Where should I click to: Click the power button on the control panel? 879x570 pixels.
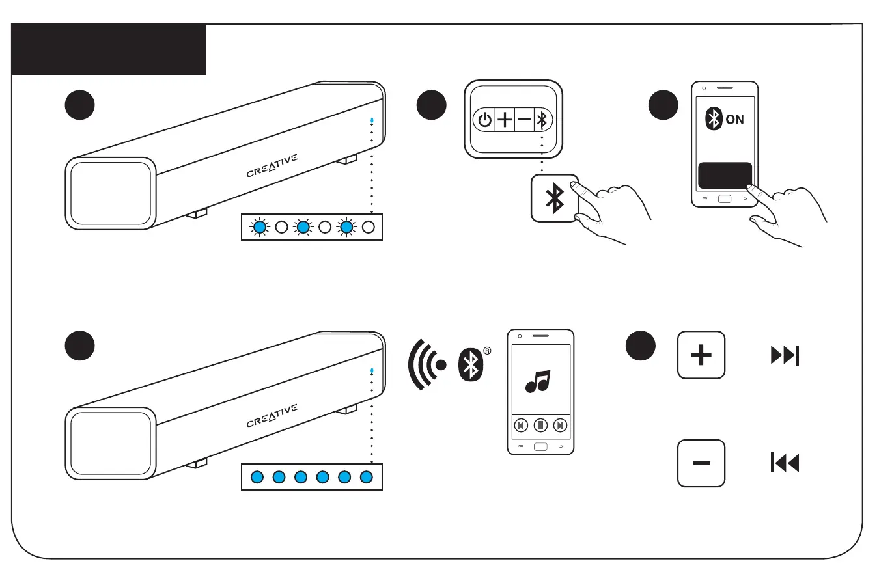[484, 120]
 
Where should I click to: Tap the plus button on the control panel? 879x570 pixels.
[505, 120]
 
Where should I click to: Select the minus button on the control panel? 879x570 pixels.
[524, 120]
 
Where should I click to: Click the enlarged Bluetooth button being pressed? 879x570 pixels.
[554, 198]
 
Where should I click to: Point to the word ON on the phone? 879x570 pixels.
[734, 120]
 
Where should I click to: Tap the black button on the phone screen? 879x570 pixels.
[725, 175]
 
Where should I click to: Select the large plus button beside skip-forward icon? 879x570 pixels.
[701, 355]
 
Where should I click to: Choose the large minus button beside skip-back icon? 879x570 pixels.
[701, 463]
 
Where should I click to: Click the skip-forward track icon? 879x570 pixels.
[785, 356]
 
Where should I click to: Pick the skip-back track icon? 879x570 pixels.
[785, 463]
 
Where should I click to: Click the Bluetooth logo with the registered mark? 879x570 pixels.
[470, 366]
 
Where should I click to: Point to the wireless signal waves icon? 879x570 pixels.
[426, 364]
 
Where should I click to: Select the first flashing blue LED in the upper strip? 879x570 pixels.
[260, 228]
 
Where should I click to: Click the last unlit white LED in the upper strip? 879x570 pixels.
[369, 228]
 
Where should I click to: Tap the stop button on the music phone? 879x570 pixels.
[540, 426]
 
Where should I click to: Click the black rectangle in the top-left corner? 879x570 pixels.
[109, 49]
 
